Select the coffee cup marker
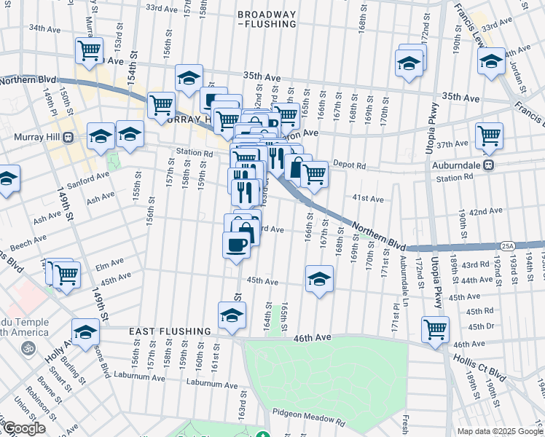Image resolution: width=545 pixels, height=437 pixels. pyautogui.click(x=236, y=245)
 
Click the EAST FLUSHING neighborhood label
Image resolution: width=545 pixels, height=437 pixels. pyautogui.click(x=170, y=331)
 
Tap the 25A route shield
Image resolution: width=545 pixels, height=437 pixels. pyautogui.click(x=508, y=245)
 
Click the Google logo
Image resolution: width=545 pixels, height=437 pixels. pyautogui.click(x=23, y=428)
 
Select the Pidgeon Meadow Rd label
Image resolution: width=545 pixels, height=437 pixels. pyautogui.click(x=310, y=419)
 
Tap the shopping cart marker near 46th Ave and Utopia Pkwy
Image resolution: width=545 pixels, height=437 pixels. pyautogui.click(x=435, y=328)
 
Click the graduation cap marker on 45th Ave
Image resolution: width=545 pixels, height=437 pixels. pyautogui.click(x=318, y=278)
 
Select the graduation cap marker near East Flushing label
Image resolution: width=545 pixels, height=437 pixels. pyautogui.click(x=231, y=315)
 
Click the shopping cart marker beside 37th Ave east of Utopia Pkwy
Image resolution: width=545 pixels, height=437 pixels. pyautogui.click(x=489, y=135)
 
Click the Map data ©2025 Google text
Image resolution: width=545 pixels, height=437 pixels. pyautogui.click(x=501, y=431)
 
